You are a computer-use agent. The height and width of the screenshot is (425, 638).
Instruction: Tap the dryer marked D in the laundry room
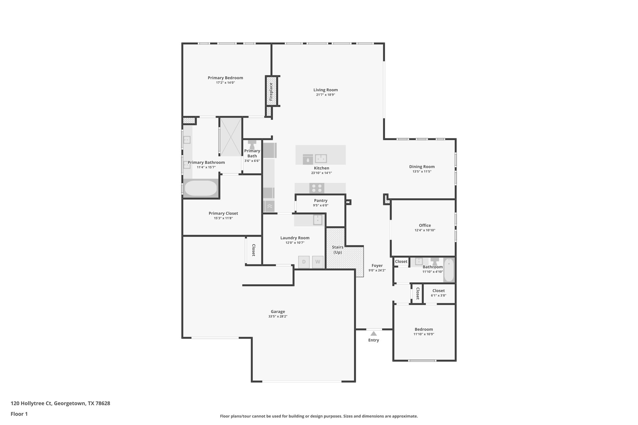click(304, 262)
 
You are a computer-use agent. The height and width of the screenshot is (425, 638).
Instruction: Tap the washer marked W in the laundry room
click(318, 262)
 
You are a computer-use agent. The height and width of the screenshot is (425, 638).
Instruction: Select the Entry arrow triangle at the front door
click(374, 333)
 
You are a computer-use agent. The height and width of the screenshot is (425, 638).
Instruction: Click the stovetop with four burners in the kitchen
click(317, 188)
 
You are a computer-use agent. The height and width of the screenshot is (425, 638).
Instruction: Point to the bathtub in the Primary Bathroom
click(201, 188)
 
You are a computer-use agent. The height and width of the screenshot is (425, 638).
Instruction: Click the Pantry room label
click(321, 201)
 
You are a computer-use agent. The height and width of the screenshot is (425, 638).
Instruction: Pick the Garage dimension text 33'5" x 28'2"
click(278, 316)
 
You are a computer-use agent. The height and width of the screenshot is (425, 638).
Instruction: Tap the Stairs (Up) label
click(338, 250)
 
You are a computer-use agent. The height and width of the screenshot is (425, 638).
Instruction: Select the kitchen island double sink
click(321, 159)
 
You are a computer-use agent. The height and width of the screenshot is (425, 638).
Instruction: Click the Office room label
click(425, 225)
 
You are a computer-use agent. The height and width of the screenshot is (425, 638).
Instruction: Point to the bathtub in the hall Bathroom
click(449, 270)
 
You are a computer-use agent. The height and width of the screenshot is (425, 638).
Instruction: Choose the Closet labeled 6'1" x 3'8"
click(438, 293)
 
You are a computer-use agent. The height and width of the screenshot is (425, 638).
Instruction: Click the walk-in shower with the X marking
click(231, 137)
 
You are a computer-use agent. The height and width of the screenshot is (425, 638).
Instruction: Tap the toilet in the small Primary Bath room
click(252, 144)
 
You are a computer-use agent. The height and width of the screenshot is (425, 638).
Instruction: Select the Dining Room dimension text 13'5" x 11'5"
click(422, 172)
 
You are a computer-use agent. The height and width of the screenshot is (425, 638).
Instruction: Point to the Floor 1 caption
click(19, 414)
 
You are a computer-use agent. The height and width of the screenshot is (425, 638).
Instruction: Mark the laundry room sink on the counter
click(317, 220)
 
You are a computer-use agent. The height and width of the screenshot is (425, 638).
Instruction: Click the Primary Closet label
click(223, 213)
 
